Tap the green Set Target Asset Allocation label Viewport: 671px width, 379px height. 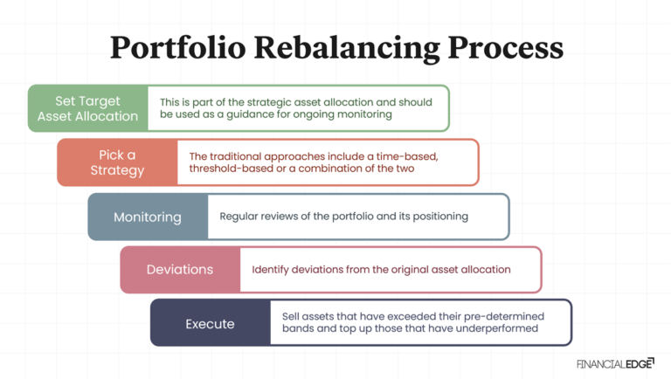pyautogui.click(x=87, y=108)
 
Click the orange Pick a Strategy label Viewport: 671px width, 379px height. pyautogui.click(x=117, y=162)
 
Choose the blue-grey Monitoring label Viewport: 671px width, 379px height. pyautogui.click(x=148, y=217)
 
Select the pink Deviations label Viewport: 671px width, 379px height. pyautogui.click(x=180, y=270)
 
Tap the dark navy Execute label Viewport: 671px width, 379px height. pyautogui.click(x=210, y=323)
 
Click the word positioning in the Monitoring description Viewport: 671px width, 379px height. pyautogui.click(x=439, y=217)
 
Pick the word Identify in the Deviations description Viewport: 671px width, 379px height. pyautogui.click(x=272, y=270)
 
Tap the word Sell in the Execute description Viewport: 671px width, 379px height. pyautogui.click(x=293, y=316)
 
